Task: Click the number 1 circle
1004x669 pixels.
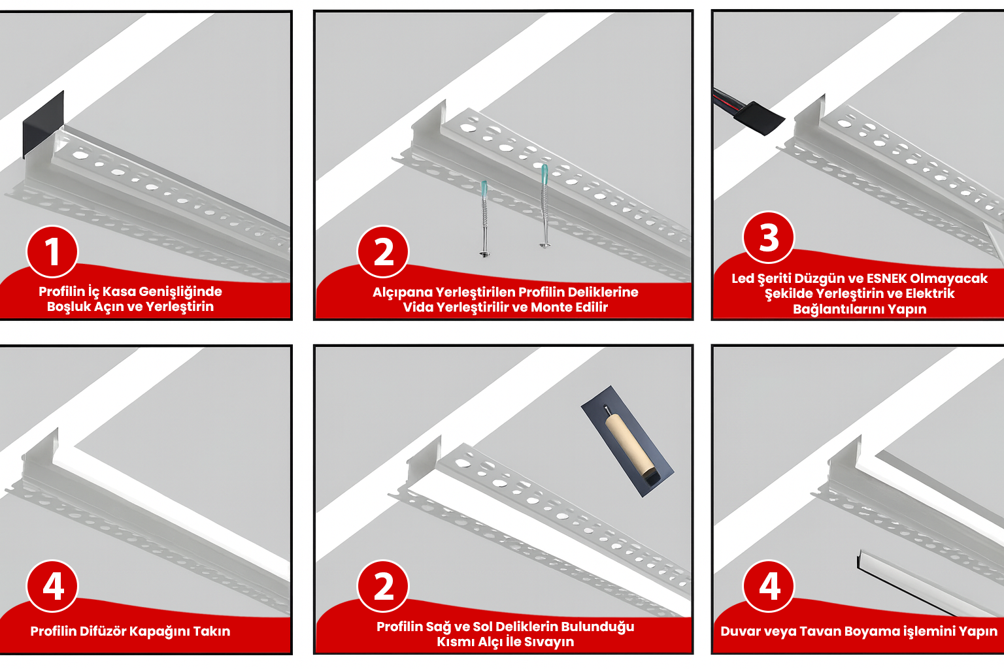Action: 52,252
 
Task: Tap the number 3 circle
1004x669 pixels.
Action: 768,237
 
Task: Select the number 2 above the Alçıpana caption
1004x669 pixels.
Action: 383,252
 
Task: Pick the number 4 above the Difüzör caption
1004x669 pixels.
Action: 52,586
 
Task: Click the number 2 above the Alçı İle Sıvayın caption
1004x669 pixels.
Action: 383,586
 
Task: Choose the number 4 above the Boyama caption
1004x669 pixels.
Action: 768,586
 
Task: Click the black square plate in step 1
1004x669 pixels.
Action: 44,125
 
